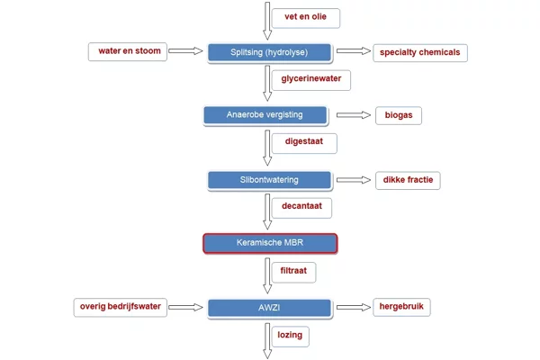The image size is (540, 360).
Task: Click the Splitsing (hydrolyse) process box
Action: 269,52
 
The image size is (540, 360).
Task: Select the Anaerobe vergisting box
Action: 265,115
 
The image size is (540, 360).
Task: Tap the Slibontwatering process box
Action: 269,180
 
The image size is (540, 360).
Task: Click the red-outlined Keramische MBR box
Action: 270,243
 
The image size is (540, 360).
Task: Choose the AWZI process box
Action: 269,308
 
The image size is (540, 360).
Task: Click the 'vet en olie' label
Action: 306,18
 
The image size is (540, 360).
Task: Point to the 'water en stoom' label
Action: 128,51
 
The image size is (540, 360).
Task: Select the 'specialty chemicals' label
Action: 420,53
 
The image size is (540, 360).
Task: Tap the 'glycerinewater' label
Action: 311,80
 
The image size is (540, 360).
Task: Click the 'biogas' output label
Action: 399,115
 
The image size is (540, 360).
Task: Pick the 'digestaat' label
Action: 304,143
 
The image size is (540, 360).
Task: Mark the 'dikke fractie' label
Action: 408,180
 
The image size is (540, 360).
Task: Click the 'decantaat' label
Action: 301,208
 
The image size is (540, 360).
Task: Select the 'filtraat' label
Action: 293,273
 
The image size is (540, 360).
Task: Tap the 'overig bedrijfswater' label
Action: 121,307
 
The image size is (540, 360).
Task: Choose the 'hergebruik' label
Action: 401,307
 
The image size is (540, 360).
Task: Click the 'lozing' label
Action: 291,337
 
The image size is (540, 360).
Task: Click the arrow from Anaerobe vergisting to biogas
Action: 354,115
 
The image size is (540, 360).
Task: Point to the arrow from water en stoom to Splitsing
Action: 185,51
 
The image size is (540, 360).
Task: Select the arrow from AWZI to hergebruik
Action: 354,307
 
